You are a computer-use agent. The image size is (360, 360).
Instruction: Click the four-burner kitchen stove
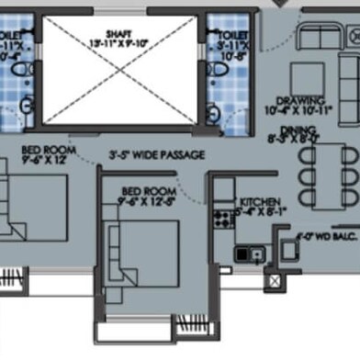tap(221, 219)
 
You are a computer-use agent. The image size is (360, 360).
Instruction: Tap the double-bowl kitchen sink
tap(249, 253)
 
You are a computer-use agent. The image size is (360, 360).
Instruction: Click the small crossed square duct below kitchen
tap(273, 281)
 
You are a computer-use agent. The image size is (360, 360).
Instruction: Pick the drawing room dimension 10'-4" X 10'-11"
tap(302, 110)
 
